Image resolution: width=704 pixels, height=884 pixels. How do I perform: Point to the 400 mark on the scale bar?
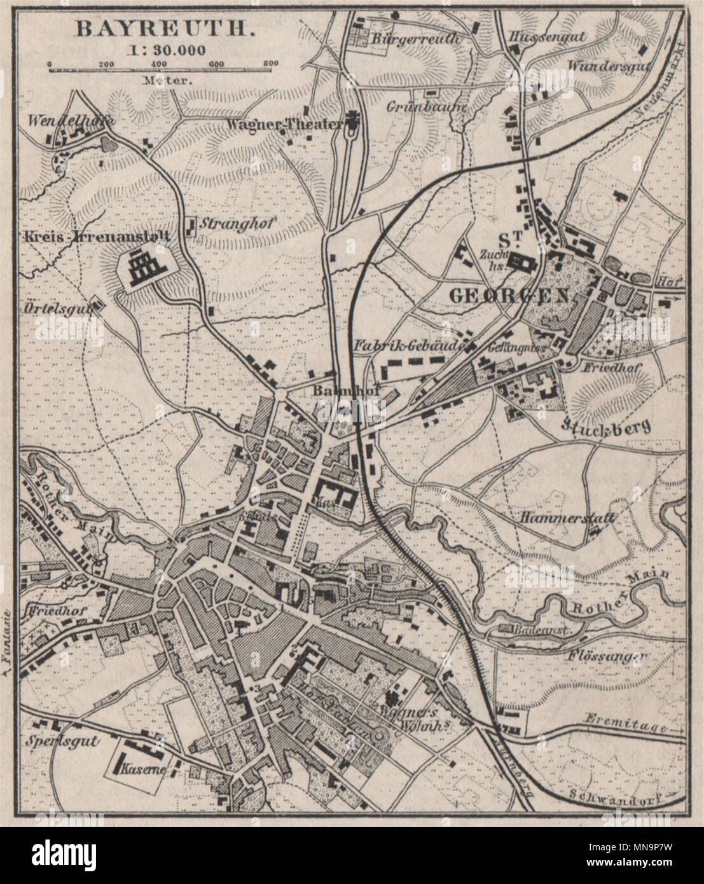coord(160,64)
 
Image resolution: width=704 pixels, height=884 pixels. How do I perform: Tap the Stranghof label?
coord(224,224)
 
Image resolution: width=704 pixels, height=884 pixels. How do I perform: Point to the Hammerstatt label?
coord(567,518)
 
